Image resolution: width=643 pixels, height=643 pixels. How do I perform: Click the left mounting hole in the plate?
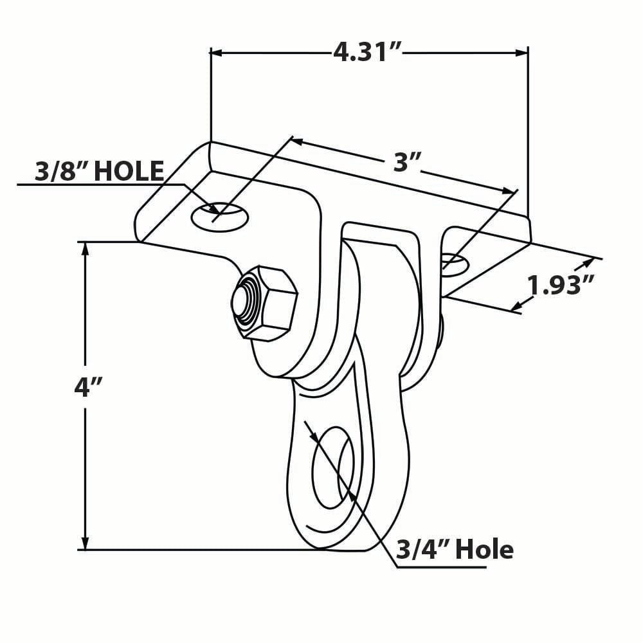click(x=219, y=215)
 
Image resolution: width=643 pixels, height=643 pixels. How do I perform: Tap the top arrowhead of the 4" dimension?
click(x=85, y=248)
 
